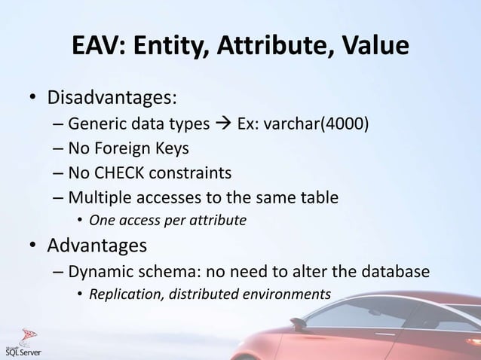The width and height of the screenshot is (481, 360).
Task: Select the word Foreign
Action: click(x=124, y=148)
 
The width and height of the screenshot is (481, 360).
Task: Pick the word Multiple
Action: click(x=96, y=198)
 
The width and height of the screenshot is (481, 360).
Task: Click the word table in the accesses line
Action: click(x=318, y=198)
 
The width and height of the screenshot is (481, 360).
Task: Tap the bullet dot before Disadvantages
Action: click(x=34, y=99)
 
